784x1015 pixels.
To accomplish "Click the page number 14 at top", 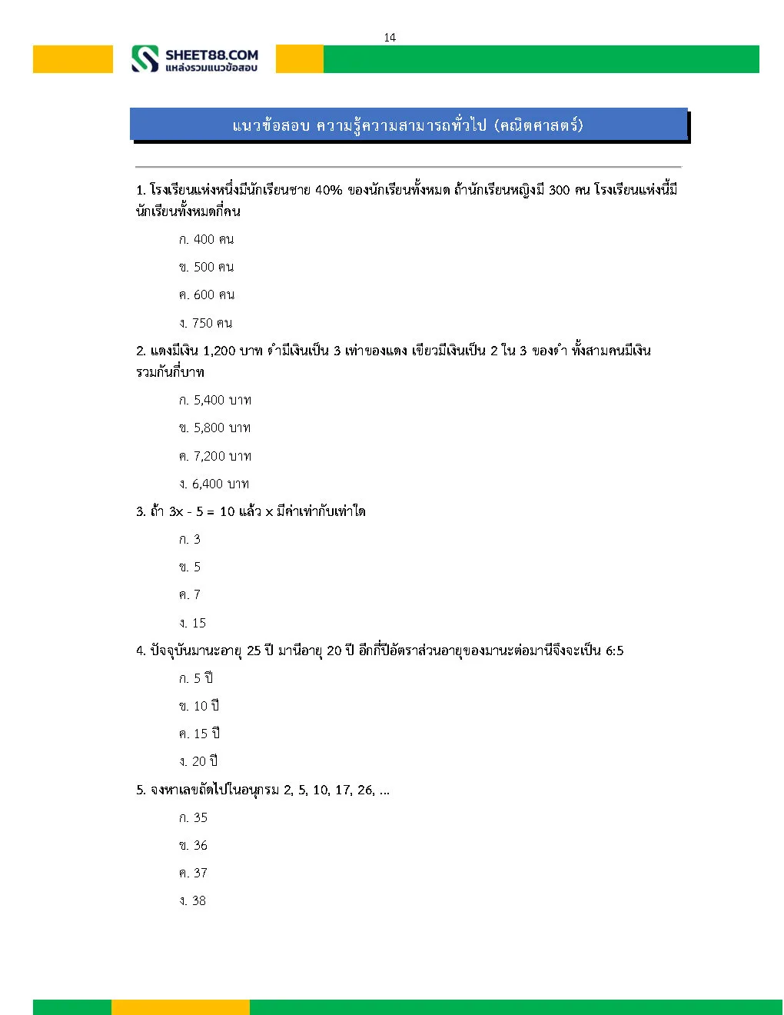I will [390, 37].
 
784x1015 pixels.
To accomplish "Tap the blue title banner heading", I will [408, 125].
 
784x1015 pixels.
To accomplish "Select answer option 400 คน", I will [206, 239].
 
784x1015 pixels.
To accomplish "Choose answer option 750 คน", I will [205, 323].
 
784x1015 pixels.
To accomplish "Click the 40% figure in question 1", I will [328, 190].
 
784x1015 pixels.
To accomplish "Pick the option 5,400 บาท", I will [214, 400].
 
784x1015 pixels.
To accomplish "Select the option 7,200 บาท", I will [214, 456].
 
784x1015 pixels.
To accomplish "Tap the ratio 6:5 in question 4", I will [614, 651].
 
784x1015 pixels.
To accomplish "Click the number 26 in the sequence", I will [366, 790].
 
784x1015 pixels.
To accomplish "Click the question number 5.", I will [141, 790].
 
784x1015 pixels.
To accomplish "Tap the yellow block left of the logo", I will [72, 59].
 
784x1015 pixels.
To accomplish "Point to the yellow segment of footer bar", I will [180, 1007].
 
